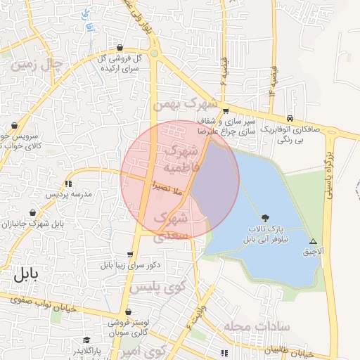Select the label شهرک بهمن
(183, 104)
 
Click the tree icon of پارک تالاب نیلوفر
(264, 218)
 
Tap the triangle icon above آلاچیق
(313, 240)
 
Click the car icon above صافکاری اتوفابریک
(290, 118)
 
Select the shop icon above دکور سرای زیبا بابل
(130, 255)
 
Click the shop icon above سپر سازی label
(226, 110)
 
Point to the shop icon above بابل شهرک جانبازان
(33, 212)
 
